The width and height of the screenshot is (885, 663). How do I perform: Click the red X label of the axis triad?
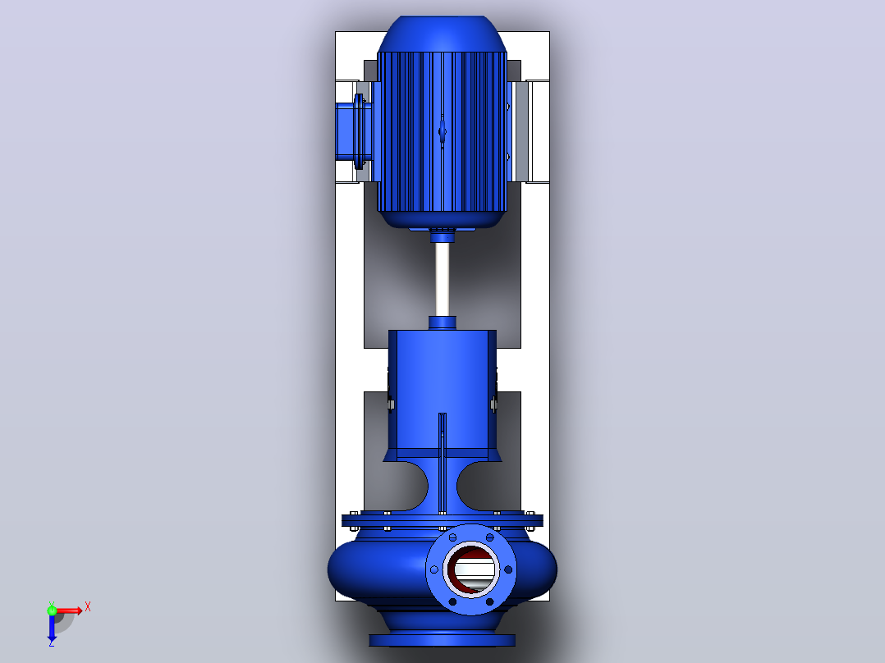coord(88,607)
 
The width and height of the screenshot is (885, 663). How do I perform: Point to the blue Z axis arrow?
coord(52,627)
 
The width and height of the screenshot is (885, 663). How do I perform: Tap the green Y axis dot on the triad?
coord(52,610)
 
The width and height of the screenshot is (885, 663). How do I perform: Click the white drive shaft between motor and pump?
coord(442,279)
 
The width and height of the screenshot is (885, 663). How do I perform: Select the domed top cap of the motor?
coord(442,34)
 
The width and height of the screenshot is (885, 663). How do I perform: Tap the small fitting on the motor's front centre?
coord(442,132)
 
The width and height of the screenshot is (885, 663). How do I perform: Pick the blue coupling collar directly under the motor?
coord(442,235)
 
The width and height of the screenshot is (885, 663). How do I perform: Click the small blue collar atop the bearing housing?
coord(442,322)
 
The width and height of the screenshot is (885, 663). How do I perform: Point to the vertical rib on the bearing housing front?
coord(442,463)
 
